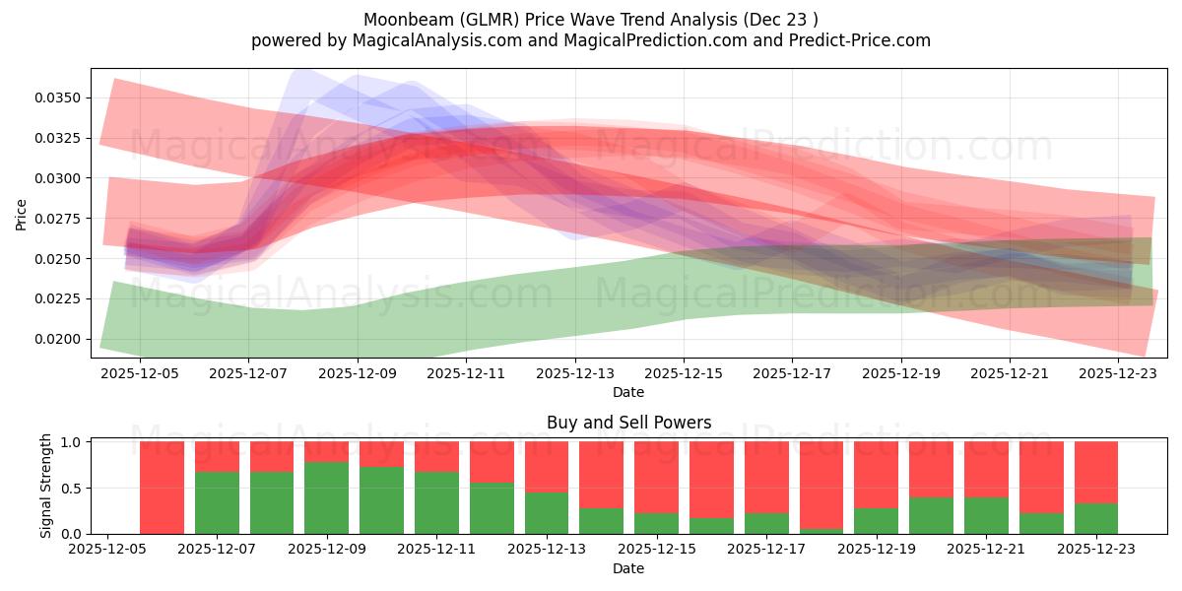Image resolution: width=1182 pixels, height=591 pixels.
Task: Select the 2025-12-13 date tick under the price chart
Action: click(575, 373)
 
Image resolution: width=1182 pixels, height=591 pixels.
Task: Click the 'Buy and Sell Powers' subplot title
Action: click(628, 423)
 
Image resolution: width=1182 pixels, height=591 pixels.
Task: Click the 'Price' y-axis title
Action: click(22, 214)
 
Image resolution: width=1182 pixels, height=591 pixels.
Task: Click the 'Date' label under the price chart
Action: click(628, 392)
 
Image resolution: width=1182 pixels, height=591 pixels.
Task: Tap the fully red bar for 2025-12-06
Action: click(163, 488)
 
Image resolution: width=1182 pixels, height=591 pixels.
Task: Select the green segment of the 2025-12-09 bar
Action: click(327, 498)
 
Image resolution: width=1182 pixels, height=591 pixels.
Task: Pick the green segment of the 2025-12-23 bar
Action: click(1096, 519)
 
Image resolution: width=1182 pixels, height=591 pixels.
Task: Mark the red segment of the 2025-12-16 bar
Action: click(711, 479)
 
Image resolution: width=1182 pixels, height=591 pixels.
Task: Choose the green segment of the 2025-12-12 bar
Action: click(492, 508)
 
